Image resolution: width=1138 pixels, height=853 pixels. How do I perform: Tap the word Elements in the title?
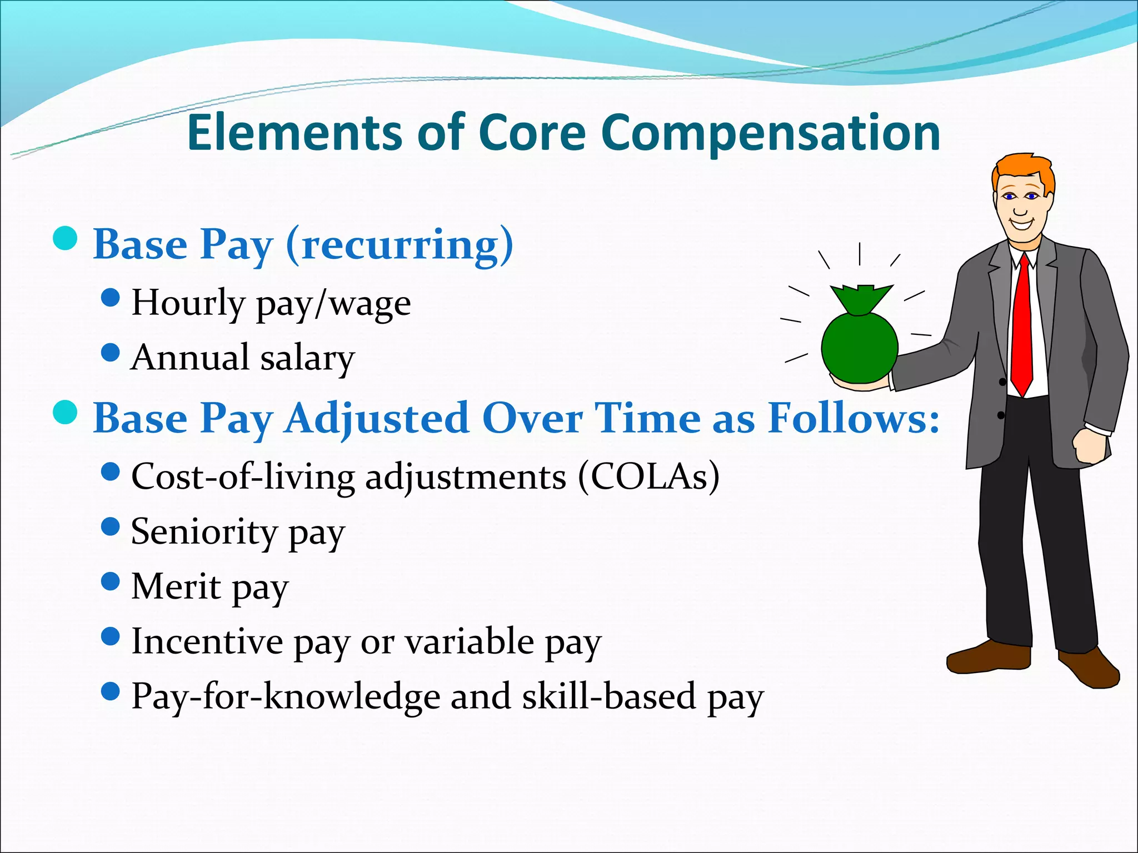coord(295,133)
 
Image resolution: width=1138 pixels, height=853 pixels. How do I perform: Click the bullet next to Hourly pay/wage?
coord(111,297)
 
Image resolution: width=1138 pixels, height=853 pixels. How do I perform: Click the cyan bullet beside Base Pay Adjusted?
coord(65,412)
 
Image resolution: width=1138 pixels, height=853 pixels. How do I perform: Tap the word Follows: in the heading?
coord(853,418)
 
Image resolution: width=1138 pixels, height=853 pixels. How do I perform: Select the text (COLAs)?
coord(648,476)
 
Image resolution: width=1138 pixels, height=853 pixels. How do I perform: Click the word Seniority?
coord(203,532)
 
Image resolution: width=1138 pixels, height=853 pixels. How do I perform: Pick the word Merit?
coord(176,586)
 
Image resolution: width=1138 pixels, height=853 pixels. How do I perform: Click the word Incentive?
coord(207,641)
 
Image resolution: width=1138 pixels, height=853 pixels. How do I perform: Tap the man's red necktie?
coord(1021,328)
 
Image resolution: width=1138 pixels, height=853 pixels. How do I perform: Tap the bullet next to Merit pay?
coord(111,581)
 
